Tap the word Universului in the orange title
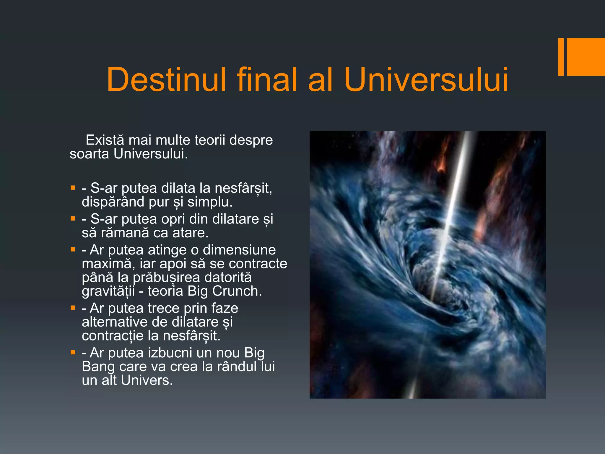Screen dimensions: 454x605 [x=426, y=79]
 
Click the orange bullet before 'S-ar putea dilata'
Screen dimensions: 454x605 [x=73, y=188]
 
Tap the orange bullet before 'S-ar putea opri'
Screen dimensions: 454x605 [x=73, y=219]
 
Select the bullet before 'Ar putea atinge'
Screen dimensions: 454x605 [x=73, y=250]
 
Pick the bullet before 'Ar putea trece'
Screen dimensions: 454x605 [x=73, y=308]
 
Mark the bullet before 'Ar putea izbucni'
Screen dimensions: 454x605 [x=73, y=352]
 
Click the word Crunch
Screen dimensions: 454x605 [x=237, y=291]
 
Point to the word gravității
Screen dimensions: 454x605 [x=108, y=291]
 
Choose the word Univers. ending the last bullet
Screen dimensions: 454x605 [x=147, y=380]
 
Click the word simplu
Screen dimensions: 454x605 [x=210, y=202]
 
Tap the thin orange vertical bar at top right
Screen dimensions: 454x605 [x=561, y=57]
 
